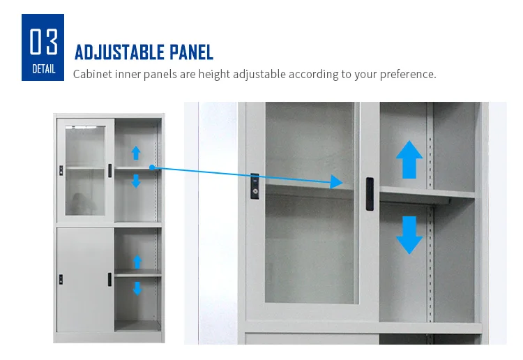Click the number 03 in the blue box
click(43, 41)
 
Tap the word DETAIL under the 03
click(43, 68)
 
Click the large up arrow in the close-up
click(409, 160)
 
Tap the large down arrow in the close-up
click(409, 234)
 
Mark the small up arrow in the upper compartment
click(136, 153)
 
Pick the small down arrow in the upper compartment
click(136, 181)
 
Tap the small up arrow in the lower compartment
click(137, 262)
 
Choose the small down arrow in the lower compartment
click(137, 287)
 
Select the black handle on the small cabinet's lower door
click(109, 278)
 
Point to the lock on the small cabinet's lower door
click(61, 278)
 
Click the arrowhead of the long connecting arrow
click(337, 183)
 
